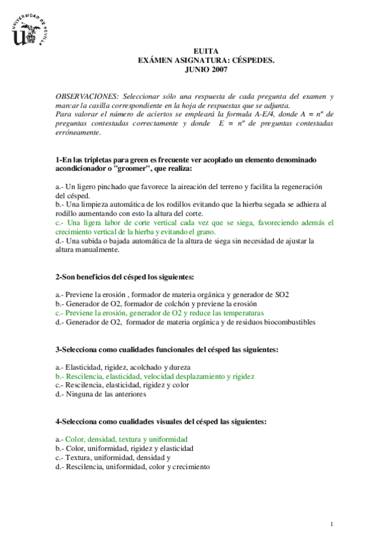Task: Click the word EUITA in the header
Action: [x=206, y=51]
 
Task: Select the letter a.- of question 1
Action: [x=60, y=186]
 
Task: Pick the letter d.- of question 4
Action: [x=60, y=466]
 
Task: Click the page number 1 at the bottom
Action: [x=332, y=524]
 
